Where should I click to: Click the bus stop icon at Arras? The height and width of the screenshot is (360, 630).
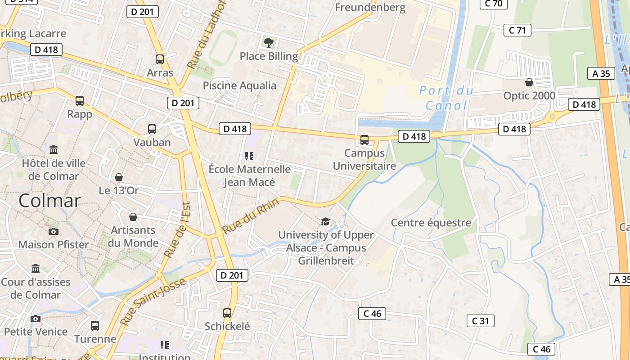point(160,59)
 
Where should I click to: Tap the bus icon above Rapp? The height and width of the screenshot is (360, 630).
point(80,100)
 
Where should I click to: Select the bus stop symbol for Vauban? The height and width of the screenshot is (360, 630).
point(152,129)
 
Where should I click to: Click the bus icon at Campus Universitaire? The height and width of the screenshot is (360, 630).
point(364,140)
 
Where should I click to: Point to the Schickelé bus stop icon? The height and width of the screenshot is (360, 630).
point(227,313)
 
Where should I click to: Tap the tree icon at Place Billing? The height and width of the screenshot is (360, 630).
point(269,43)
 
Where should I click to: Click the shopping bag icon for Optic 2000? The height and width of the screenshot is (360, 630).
point(529,82)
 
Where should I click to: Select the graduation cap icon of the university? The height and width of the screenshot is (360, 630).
point(325,221)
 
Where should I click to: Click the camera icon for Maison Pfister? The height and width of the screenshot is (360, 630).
point(53,231)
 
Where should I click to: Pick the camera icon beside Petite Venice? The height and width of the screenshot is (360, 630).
point(36,319)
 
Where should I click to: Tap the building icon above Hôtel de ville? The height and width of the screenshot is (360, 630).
point(54,149)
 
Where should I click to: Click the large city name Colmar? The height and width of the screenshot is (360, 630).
point(49,201)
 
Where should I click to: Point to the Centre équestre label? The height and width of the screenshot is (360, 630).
point(431,222)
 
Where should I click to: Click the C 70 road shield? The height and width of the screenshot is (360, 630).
point(493,4)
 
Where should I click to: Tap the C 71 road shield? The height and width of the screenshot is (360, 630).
point(517,30)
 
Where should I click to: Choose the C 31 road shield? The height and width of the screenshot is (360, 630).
point(480,321)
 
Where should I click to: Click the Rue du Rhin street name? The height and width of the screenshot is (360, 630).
point(250,216)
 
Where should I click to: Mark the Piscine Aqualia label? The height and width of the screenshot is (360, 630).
point(239,85)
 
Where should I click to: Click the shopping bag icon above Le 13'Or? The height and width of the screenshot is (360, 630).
point(119,177)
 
